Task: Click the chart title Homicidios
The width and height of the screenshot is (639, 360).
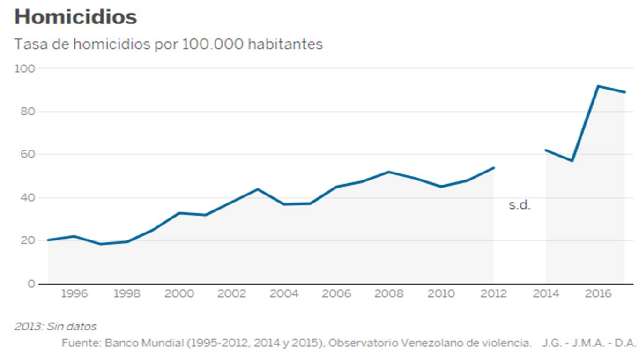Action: tap(75, 17)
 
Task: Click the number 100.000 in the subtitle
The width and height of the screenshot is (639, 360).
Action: tap(212, 44)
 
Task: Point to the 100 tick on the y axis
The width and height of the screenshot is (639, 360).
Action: tap(25, 68)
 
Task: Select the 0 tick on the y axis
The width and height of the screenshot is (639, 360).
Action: tap(31, 284)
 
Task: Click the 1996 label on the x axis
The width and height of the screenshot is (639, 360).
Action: tap(74, 294)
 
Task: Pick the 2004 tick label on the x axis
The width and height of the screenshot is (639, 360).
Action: tap(284, 294)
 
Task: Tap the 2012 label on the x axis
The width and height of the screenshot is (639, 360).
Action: tap(494, 294)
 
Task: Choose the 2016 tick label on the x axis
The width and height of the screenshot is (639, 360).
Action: tap(599, 294)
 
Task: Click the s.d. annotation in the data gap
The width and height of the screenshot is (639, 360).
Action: tap(520, 205)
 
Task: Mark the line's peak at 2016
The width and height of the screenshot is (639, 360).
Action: tap(598, 86)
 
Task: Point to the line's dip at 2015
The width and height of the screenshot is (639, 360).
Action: tap(572, 161)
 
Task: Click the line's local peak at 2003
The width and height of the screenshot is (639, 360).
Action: tap(257, 189)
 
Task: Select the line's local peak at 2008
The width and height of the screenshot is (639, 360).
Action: tap(388, 172)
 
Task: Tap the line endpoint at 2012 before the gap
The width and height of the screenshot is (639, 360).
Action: tap(494, 167)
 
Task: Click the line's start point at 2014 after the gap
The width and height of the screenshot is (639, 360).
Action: tap(546, 150)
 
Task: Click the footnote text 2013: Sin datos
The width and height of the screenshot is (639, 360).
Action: tap(55, 326)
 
